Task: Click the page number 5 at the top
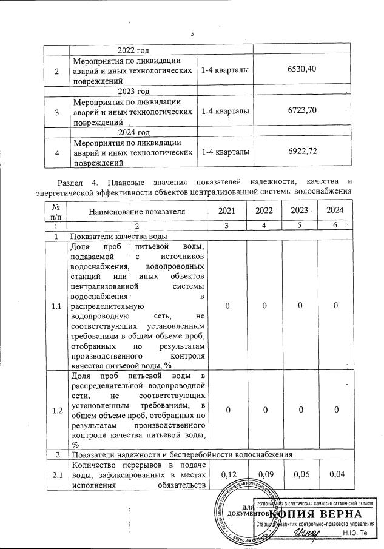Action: [x=192, y=33]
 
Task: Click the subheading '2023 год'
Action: [x=134, y=92]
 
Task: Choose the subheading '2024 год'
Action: [x=134, y=132]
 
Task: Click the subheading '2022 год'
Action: [x=134, y=50]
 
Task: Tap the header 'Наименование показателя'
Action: [x=136, y=211]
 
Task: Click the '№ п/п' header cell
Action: [x=56, y=211]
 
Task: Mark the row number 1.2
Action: [x=57, y=411]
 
